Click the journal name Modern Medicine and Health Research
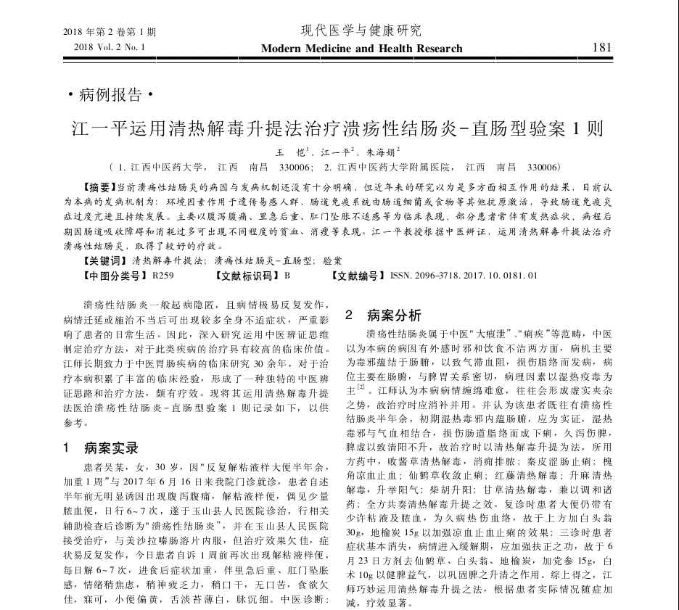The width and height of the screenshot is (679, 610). click(361, 49)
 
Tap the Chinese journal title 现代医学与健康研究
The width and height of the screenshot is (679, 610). click(361, 30)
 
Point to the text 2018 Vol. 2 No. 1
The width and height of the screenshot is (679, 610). click(109, 48)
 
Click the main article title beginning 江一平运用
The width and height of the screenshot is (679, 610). click(338, 130)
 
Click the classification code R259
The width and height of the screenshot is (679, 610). click(162, 276)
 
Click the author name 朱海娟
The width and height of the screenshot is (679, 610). click(378, 153)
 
